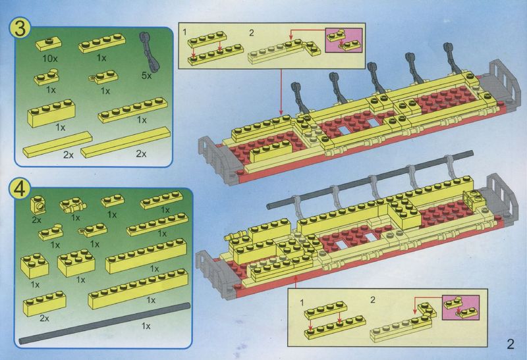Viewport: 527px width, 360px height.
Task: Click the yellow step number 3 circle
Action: pos(21,28)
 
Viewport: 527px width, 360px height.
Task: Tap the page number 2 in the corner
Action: pos(511,344)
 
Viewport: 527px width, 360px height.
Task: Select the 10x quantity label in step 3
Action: pos(50,59)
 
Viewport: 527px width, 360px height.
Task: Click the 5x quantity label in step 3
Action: pos(146,76)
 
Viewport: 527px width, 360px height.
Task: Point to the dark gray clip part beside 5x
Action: pos(150,51)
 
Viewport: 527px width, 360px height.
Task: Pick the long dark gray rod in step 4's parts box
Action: pos(104,323)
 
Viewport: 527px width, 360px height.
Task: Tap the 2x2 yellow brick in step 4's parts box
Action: pos(34,266)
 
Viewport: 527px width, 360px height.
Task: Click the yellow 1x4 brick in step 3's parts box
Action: pos(51,113)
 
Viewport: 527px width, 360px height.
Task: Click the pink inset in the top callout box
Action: pos(343,40)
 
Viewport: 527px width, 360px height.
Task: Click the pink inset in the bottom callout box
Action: pos(460,307)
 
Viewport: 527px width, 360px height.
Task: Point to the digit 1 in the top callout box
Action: pos(184,32)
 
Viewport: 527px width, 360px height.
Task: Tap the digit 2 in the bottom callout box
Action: pos(372,300)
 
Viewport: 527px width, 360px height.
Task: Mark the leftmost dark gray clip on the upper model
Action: pos(299,97)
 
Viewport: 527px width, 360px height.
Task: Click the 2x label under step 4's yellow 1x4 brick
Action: pos(44,319)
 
